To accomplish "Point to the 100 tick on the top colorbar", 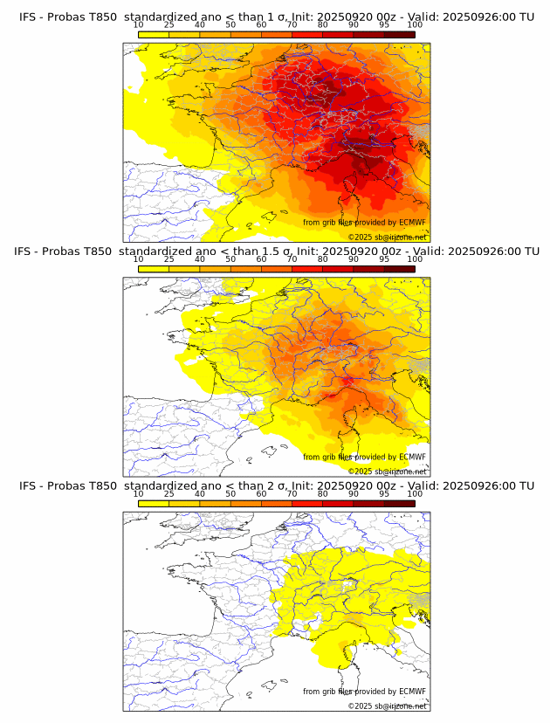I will (415, 25).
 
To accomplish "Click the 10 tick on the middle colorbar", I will (139, 259).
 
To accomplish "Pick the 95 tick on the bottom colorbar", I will (384, 494).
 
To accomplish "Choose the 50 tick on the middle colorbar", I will (230, 259).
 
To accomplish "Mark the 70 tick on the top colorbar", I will (292, 25).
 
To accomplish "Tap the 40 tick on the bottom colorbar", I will (200, 494).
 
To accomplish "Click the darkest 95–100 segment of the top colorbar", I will (399, 34).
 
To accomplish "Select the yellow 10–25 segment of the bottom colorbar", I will (154, 504).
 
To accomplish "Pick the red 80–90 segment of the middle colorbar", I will (338, 269).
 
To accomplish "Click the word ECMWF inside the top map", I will (412, 223).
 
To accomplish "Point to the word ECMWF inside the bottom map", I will (412, 692).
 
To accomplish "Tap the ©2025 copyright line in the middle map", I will (387, 472).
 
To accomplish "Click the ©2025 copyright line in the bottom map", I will (387, 706).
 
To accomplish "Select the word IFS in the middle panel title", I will (24, 251).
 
